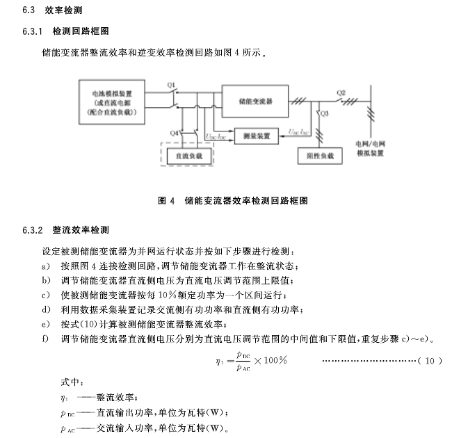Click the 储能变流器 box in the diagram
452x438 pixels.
(255, 101)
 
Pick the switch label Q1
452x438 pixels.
(172, 84)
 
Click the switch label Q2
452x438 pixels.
(341, 92)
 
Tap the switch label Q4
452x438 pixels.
(174, 131)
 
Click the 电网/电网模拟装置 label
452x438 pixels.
(370, 148)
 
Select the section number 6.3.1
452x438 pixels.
(33, 31)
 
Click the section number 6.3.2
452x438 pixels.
(33, 230)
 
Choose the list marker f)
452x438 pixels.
(45, 339)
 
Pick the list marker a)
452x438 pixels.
(45, 266)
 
